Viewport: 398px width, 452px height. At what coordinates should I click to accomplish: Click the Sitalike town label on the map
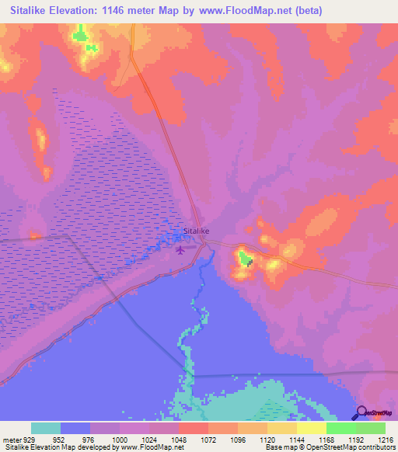(x=196, y=231)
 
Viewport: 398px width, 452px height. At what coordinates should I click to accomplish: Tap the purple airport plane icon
(x=181, y=249)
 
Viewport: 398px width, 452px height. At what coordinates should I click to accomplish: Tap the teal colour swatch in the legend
(x=46, y=428)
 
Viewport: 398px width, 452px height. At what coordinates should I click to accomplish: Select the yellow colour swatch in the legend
(x=312, y=428)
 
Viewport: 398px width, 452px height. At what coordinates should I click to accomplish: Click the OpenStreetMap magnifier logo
(x=361, y=413)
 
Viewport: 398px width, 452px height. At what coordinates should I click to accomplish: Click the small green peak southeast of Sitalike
(x=244, y=258)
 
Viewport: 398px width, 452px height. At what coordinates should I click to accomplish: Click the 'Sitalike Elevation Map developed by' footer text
(x=58, y=447)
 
